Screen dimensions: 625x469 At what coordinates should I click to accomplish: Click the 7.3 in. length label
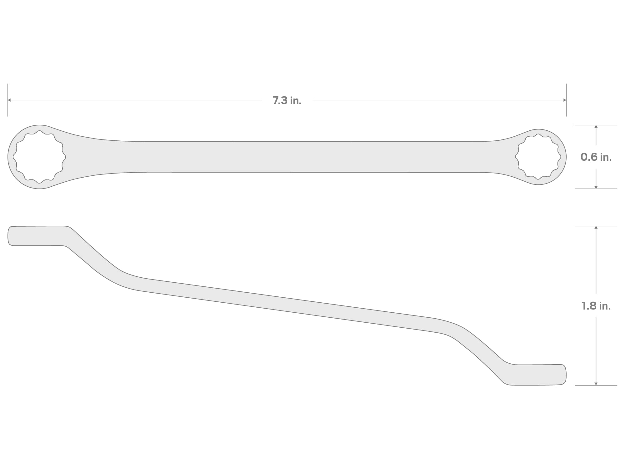287,100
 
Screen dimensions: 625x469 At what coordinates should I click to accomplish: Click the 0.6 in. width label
596,157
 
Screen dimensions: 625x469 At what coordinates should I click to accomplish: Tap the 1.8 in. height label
596,306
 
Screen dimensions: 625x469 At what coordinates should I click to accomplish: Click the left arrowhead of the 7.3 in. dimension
9,100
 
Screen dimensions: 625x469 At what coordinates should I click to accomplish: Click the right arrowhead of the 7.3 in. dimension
564,100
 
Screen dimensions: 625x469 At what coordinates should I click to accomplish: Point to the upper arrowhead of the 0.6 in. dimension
596,127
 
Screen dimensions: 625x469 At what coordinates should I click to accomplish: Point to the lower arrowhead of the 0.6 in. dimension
596,187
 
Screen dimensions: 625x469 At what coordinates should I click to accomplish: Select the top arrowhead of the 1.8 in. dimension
596,228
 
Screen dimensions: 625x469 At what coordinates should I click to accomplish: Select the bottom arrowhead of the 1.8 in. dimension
596,383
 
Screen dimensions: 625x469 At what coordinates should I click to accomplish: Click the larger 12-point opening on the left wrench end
39,157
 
